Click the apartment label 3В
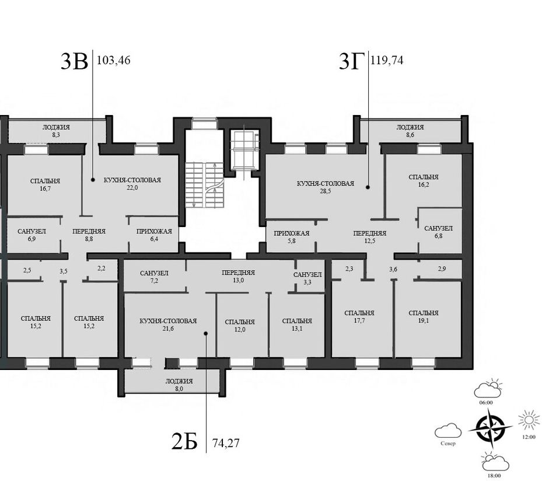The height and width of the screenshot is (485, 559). coord(75,61)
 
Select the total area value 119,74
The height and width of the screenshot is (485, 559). coord(387,60)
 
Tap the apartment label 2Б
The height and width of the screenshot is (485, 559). coord(184,441)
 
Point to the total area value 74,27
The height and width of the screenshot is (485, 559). coord(226,443)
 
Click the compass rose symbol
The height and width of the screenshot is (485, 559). coord(490,428)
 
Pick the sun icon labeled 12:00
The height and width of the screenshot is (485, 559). coord(529,420)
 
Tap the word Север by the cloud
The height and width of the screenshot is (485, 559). coord(448,444)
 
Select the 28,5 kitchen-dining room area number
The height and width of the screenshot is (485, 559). coord(325,191)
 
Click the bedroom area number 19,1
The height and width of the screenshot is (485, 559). coord(424,320)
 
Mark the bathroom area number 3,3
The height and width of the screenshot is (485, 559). coord(308,282)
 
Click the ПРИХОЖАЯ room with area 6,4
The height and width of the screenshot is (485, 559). coord(154,235)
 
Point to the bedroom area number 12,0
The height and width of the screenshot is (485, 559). coord(240,330)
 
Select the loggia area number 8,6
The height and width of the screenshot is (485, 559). coord(410,135)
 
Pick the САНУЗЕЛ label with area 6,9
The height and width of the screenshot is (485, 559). coord(32,232)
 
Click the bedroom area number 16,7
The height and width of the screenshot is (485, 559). coord(46,189)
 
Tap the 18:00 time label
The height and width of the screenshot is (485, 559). coord(494,476)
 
